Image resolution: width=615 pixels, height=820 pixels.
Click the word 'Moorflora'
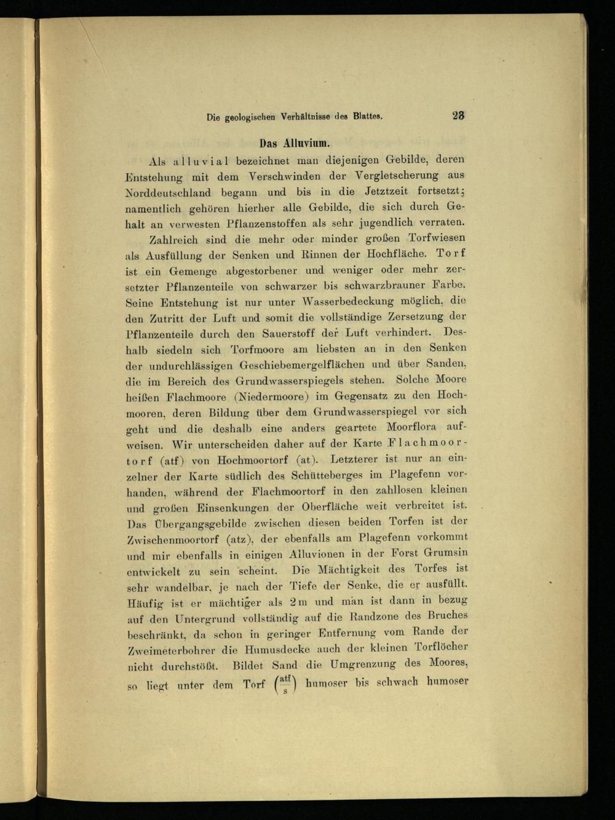[x=411, y=427]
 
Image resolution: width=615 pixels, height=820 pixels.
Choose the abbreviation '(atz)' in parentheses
[x=239, y=540]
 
